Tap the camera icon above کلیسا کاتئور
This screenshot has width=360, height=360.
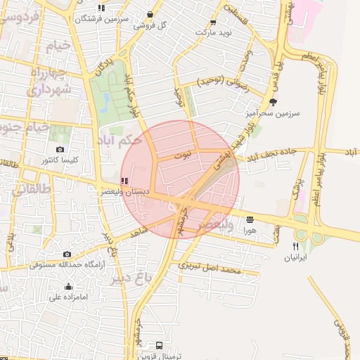coord(60,149)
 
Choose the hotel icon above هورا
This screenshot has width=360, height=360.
coord(249,219)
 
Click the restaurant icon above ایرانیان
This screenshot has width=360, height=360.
coord(296,246)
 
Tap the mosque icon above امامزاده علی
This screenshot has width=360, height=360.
coord(68,286)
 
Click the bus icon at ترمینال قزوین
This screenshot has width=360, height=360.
coord(160,345)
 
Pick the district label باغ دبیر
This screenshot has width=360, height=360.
coord(131,277)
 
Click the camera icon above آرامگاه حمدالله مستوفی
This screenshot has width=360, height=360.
coord(67,254)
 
